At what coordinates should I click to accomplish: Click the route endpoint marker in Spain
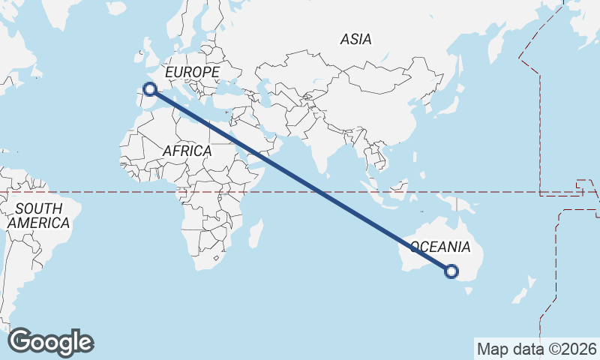tap(150, 89)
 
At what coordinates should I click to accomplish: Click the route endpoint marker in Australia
tap(451, 271)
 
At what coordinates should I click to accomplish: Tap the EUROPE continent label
tap(192, 72)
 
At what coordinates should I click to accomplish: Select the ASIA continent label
tap(355, 39)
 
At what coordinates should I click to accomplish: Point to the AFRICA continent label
tap(187, 151)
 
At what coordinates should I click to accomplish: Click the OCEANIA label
tap(441, 247)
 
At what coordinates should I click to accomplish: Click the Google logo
tap(50, 342)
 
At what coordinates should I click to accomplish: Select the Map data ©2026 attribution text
tap(536, 349)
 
